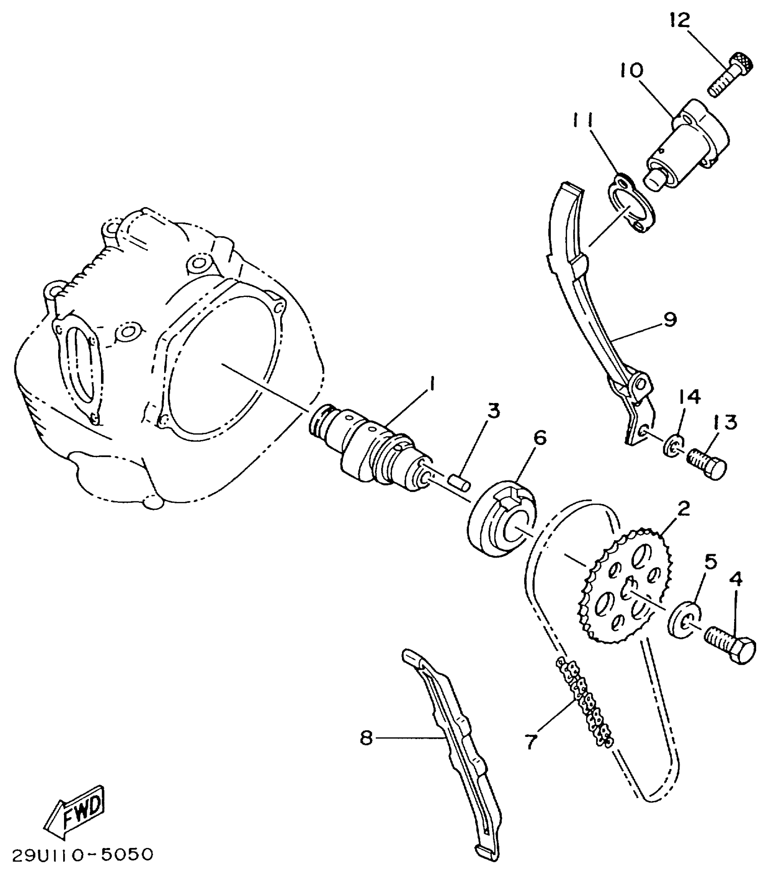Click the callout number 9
coord(670,319)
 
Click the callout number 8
coord(366,738)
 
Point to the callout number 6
coord(539,438)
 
